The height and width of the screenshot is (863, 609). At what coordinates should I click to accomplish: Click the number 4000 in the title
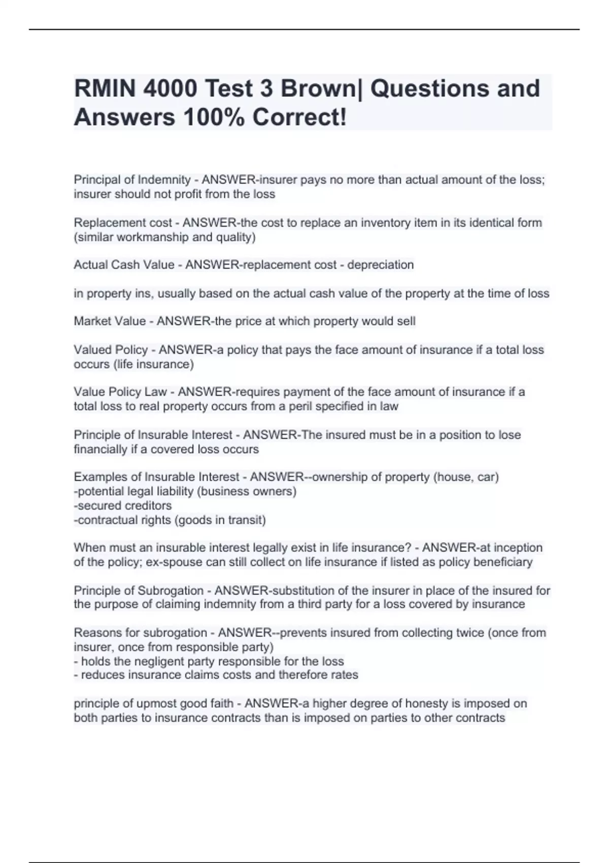(x=170, y=89)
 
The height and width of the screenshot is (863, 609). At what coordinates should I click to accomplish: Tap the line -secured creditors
(x=123, y=506)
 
